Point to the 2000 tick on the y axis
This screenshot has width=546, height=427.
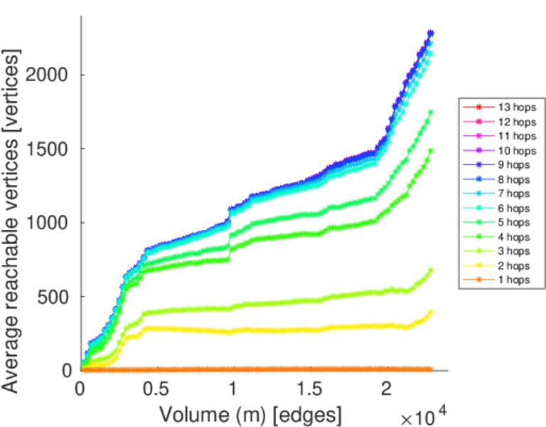(51, 75)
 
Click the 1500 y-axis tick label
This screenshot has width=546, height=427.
(51, 149)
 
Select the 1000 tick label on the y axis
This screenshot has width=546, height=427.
(51, 223)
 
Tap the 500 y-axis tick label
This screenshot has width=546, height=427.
(56, 297)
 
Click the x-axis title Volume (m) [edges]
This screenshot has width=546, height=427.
(250, 414)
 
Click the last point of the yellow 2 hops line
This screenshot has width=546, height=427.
(431, 312)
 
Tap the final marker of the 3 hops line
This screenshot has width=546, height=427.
(431, 270)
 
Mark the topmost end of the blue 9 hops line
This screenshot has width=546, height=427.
(431, 33)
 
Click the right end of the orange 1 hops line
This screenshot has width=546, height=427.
(431, 369)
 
